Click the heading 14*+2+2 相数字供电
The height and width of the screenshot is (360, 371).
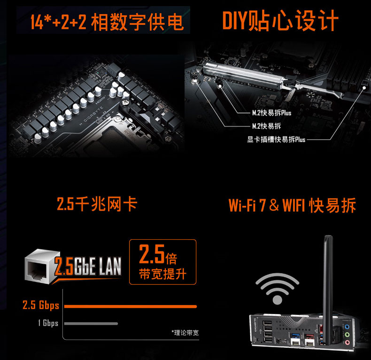(x=107, y=22)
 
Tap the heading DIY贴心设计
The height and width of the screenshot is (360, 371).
(x=280, y=21)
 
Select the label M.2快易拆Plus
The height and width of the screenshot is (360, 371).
(x=271, y=113)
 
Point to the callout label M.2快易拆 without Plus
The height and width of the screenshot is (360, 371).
(x=266, y=126)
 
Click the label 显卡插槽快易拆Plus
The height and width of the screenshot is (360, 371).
(x=276, y=139)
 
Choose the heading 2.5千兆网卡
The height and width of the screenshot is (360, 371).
(x=97, y=203)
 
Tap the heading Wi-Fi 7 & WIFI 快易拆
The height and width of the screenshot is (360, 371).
(x=292, y=205)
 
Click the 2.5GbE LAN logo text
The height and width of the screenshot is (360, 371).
(x=88, y=266)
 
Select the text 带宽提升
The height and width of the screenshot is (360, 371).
(x=162, y=274)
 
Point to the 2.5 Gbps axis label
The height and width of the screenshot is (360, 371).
(x=41, y=305)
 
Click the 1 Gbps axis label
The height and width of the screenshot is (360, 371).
(x=48, y=323)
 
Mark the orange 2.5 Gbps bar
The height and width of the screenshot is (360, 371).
(x=131, y=306)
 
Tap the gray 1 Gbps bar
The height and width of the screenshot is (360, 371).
(x=91, y=323)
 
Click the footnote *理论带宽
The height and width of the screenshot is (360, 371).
(x=185, y=333)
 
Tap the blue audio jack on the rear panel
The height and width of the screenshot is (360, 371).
(x=347, y=327)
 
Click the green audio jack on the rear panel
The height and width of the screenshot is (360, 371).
(x=347, y=335)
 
